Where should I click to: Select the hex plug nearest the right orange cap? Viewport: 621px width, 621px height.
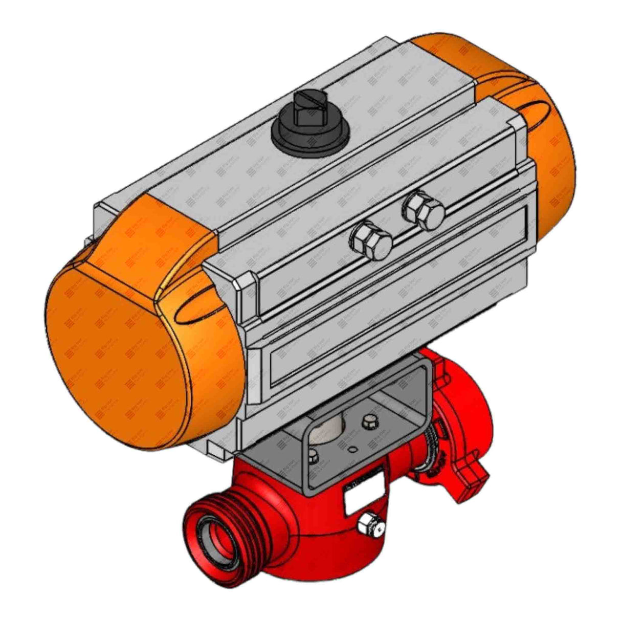pyautogui.click(x=423, y=210)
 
